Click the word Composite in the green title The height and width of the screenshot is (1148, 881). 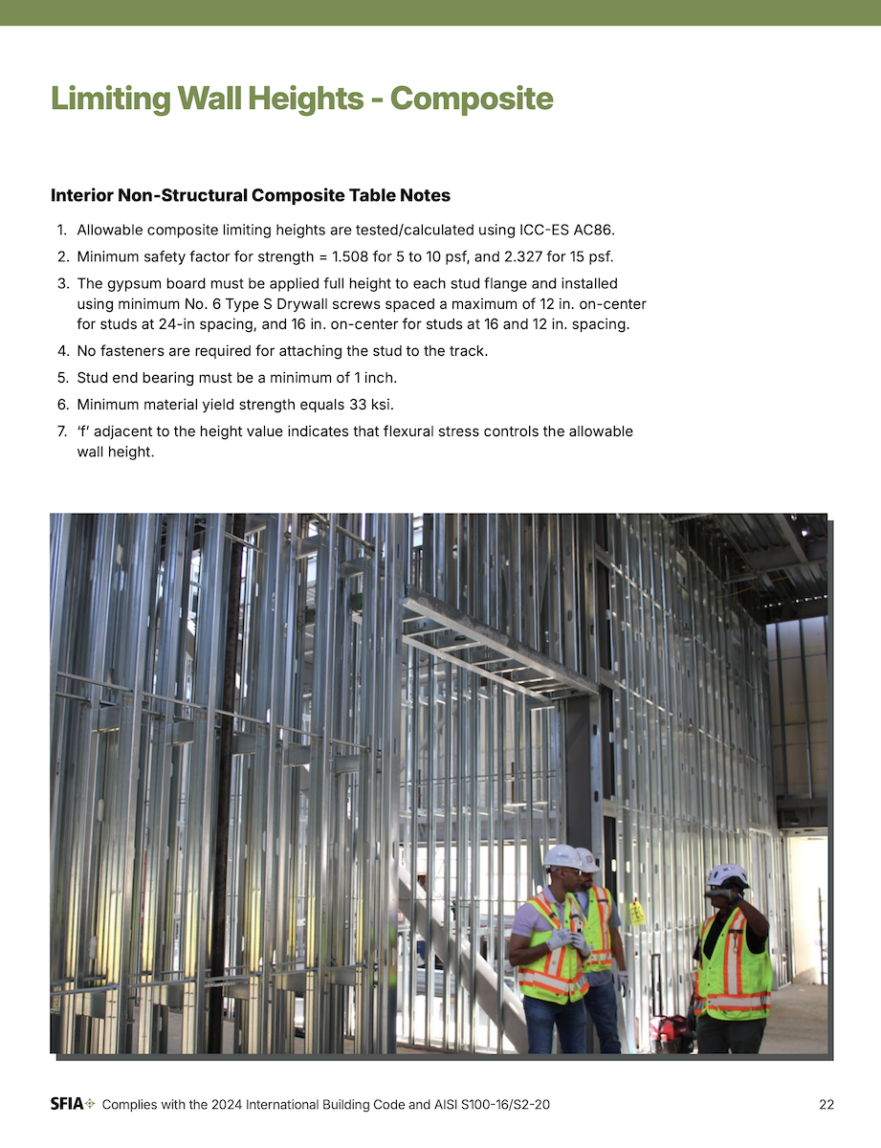point(472,99)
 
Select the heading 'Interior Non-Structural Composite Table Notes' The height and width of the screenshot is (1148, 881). point(251,196)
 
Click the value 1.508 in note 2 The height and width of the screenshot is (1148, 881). point(338,256)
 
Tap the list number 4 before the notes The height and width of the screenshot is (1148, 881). point(61,351)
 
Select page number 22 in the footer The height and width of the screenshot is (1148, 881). point(826,1105)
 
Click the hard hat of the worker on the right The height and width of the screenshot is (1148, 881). point(728,874)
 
